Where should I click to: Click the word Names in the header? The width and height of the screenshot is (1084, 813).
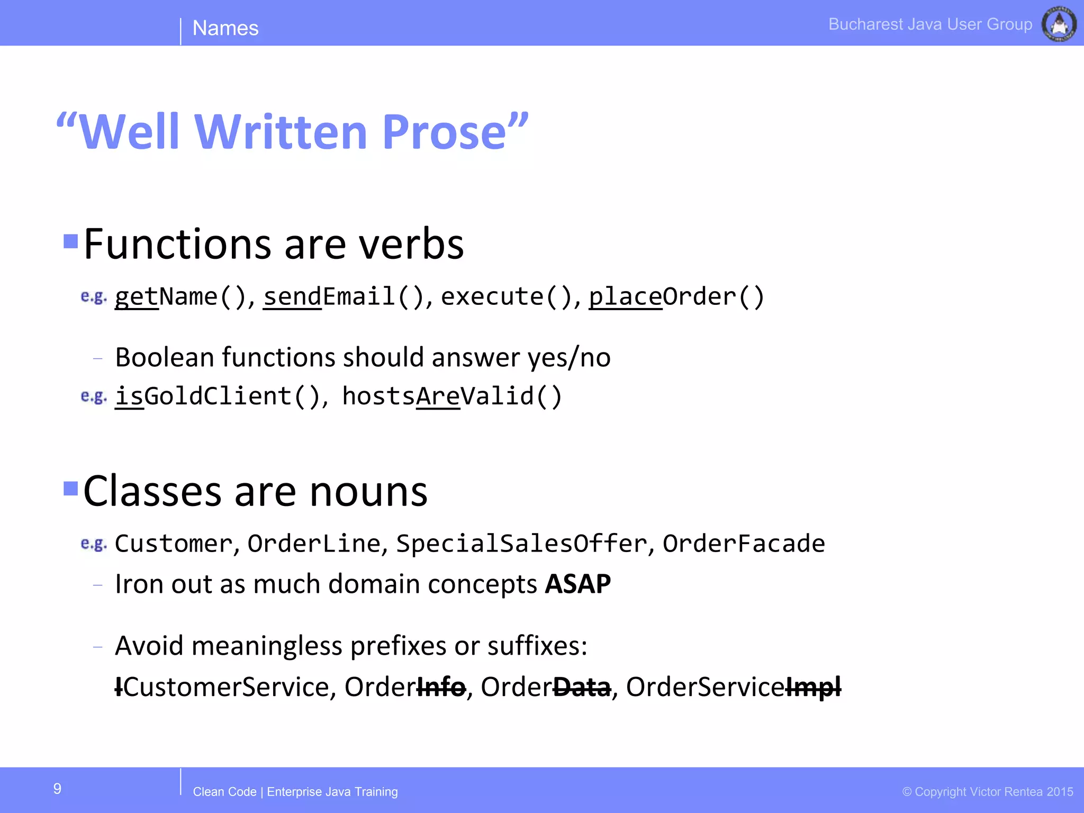225,28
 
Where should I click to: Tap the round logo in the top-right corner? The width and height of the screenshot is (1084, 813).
1059,24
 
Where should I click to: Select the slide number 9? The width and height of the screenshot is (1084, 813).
57,789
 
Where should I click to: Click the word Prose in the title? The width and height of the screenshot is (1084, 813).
445,132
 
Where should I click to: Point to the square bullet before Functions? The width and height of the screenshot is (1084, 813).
70,241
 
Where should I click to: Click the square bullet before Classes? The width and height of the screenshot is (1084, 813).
70,488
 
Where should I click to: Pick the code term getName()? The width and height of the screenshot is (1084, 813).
180,296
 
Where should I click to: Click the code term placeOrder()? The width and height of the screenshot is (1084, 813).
676,296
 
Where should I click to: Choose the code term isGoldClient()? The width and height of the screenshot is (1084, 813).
218,396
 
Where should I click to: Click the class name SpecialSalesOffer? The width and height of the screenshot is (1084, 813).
521,544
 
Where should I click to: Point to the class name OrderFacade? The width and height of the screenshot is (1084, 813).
744,544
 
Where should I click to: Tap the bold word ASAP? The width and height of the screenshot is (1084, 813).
578,584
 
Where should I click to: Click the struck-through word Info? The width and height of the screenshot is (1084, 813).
441,687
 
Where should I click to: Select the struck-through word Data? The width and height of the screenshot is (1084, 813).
582,687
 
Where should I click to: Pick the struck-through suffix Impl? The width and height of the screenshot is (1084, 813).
814,687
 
